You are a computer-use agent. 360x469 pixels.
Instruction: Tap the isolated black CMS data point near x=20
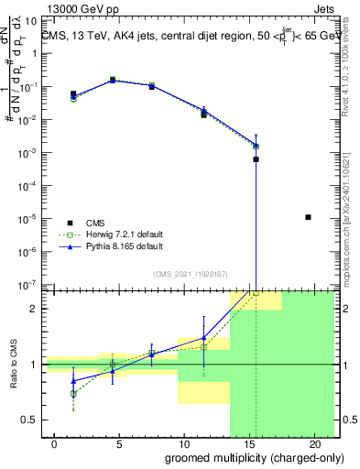point(308,217)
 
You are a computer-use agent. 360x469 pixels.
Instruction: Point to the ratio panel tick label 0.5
point(30,420)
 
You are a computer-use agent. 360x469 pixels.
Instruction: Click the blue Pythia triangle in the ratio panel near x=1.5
point(73,380)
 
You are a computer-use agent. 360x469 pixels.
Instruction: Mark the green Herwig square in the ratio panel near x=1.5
point(73,393)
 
